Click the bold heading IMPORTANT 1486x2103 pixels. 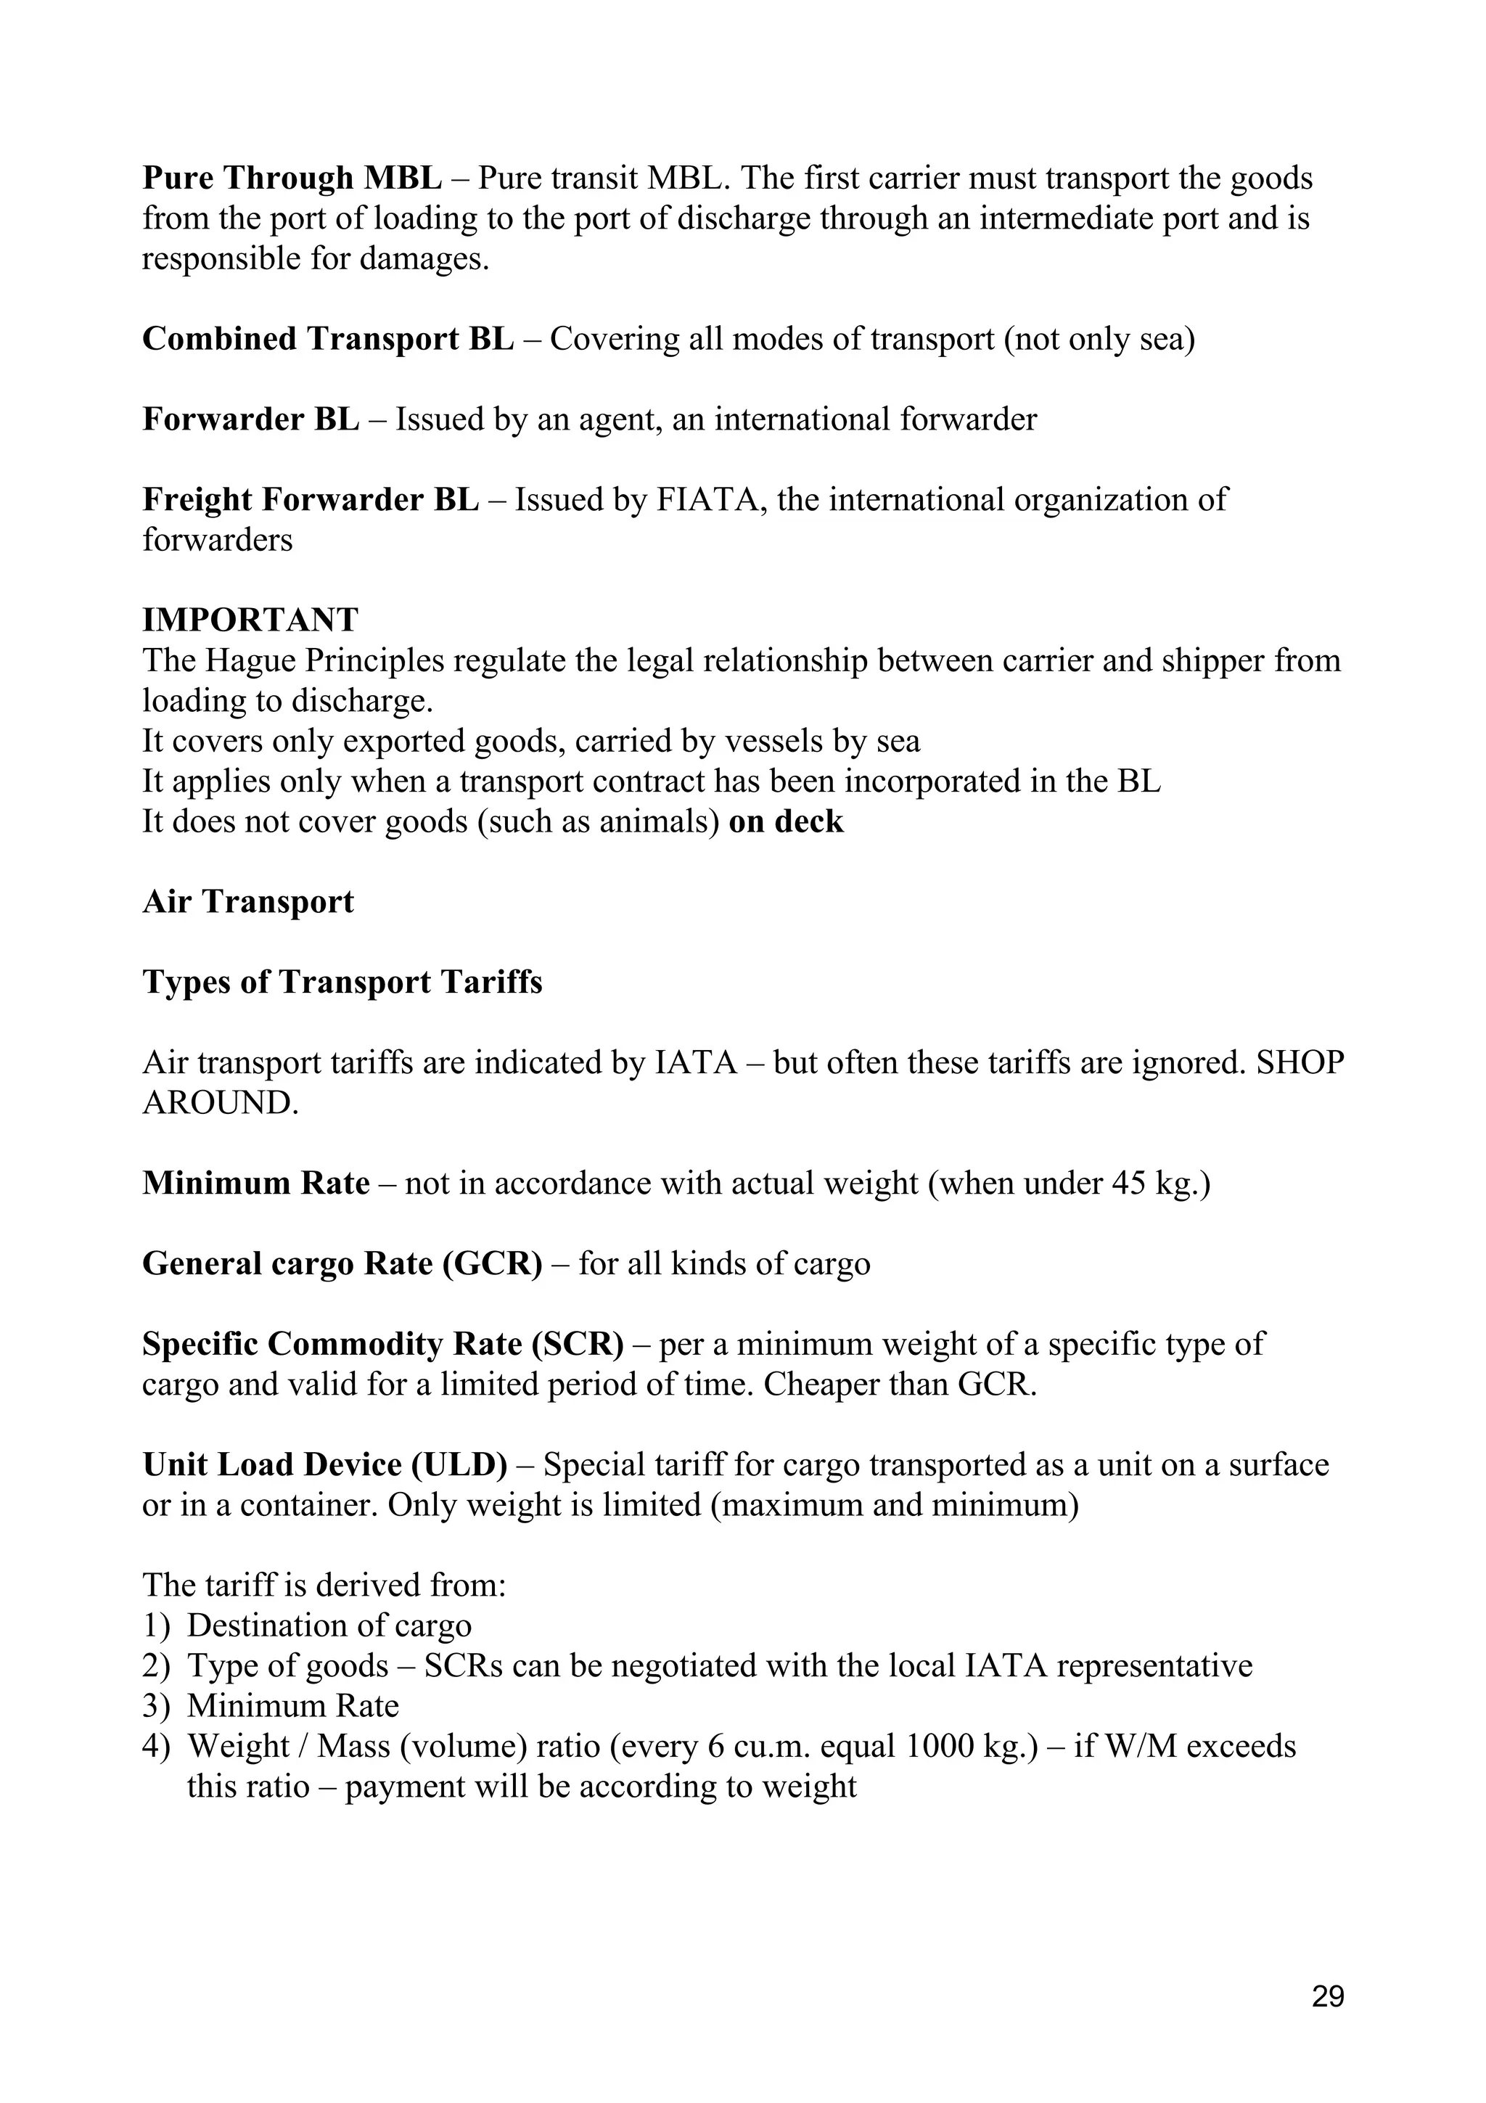coord(250,620)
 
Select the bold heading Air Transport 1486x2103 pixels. coord(248,902)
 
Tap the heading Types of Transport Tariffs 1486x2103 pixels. coord(342,983)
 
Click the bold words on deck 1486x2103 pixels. coord(786,821)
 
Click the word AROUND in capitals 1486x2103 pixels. coord(220,1104)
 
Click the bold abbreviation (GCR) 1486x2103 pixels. coord(493,1265)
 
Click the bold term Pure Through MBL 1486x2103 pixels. coord(292,178)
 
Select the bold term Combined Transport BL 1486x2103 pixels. coord(328,339)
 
